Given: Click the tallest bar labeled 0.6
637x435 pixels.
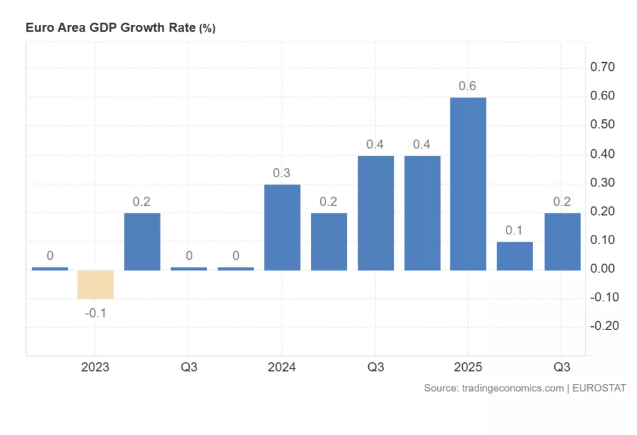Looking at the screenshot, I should pos(468,183).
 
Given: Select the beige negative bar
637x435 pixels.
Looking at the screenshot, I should pos(96,285).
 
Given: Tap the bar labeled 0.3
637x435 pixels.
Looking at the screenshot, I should pos(282,227).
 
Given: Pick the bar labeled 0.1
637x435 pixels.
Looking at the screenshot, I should pos(514,255).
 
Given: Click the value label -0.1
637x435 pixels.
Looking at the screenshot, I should pos(96,313).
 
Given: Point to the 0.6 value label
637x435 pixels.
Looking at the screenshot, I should pos(468,86).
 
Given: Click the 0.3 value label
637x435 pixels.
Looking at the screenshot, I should pos(282,173).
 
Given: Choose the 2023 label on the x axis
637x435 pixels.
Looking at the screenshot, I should pos(95,367).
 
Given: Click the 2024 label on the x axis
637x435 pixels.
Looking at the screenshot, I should pos(282,367).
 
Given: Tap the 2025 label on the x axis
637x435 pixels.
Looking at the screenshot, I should pos(468,367).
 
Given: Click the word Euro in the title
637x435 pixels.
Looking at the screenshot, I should pos(37,28).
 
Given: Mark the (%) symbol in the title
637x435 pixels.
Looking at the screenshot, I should pos(207,29).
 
